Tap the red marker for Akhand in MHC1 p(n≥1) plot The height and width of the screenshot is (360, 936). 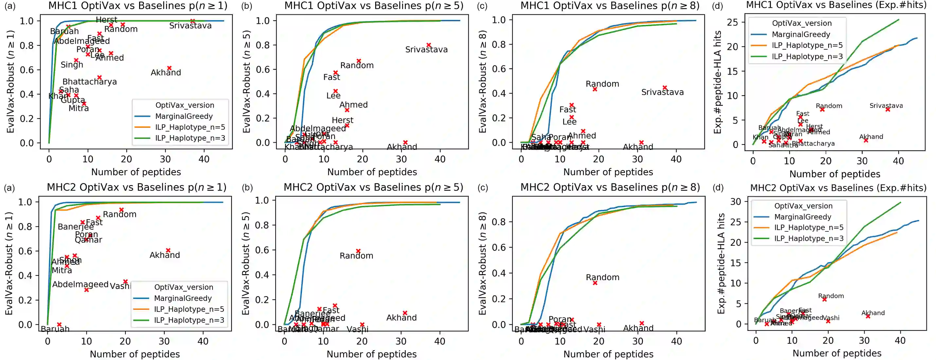point(169,68)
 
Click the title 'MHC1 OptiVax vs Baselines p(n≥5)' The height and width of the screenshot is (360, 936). point(374,6)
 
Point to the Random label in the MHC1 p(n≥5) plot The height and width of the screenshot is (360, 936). point(357,65)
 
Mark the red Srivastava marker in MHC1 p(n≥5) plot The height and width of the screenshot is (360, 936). point(429,45)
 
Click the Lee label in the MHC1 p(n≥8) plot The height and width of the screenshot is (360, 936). point(569,122)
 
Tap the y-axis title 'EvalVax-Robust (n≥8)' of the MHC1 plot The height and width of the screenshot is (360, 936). point(483,82)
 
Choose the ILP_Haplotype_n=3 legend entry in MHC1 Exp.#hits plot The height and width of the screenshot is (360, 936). point(807,56)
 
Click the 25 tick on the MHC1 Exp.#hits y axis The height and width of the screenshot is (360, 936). point(732,22)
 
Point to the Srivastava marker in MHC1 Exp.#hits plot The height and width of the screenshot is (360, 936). point(888,109)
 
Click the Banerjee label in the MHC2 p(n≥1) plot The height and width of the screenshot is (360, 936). point(76,227)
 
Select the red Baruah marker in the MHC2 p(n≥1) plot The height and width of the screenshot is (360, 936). point(59,324)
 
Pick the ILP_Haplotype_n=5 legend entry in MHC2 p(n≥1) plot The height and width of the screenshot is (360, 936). point(189,309)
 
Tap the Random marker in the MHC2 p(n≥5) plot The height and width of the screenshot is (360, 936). point(358,251)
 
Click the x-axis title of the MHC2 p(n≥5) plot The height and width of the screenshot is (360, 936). point(371,354)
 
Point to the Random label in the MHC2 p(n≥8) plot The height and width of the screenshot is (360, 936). point(602,278)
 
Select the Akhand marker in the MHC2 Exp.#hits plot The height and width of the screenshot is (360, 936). point(868,316)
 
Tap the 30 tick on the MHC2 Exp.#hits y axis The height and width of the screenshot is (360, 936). point(735,202)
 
